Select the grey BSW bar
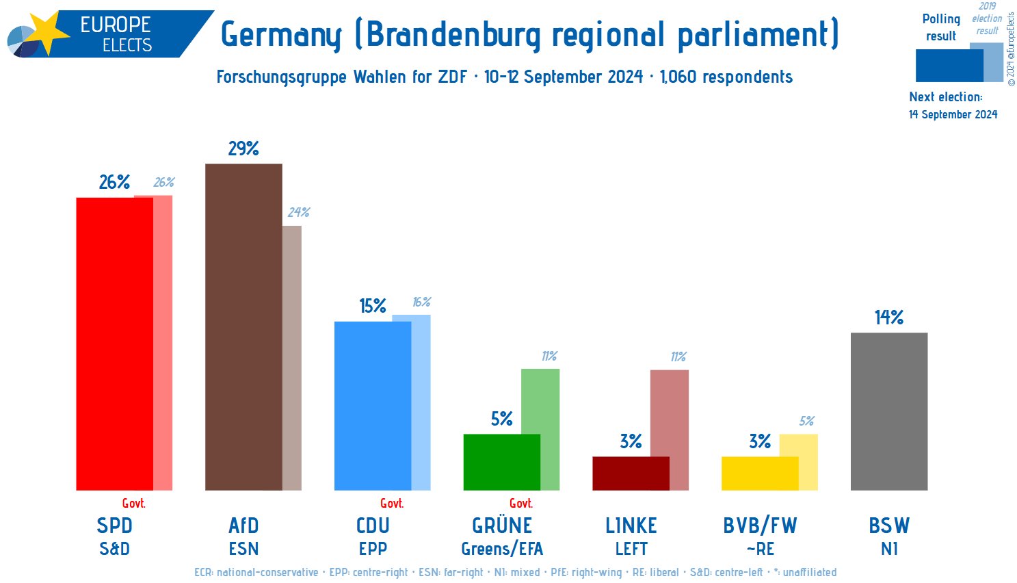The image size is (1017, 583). (888, 411)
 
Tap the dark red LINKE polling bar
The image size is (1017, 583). (631, 473)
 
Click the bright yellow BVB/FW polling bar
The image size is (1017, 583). (759, 473)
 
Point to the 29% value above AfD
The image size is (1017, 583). (243, 148)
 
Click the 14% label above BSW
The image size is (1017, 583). (888, 318)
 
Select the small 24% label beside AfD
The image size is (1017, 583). (298, 213)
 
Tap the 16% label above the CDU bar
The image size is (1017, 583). (421, 302)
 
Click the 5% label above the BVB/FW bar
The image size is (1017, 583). (806, 422)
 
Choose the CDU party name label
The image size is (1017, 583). (373, 526)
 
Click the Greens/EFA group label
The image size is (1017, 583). (502, 549)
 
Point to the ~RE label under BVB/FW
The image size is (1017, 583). (760, 549)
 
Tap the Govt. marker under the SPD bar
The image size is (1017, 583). (133, 504)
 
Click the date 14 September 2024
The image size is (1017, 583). (953, 114)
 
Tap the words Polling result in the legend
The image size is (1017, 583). (941, 27)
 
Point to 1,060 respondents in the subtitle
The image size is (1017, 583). (726, 77)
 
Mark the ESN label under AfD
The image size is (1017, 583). (243, 549)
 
